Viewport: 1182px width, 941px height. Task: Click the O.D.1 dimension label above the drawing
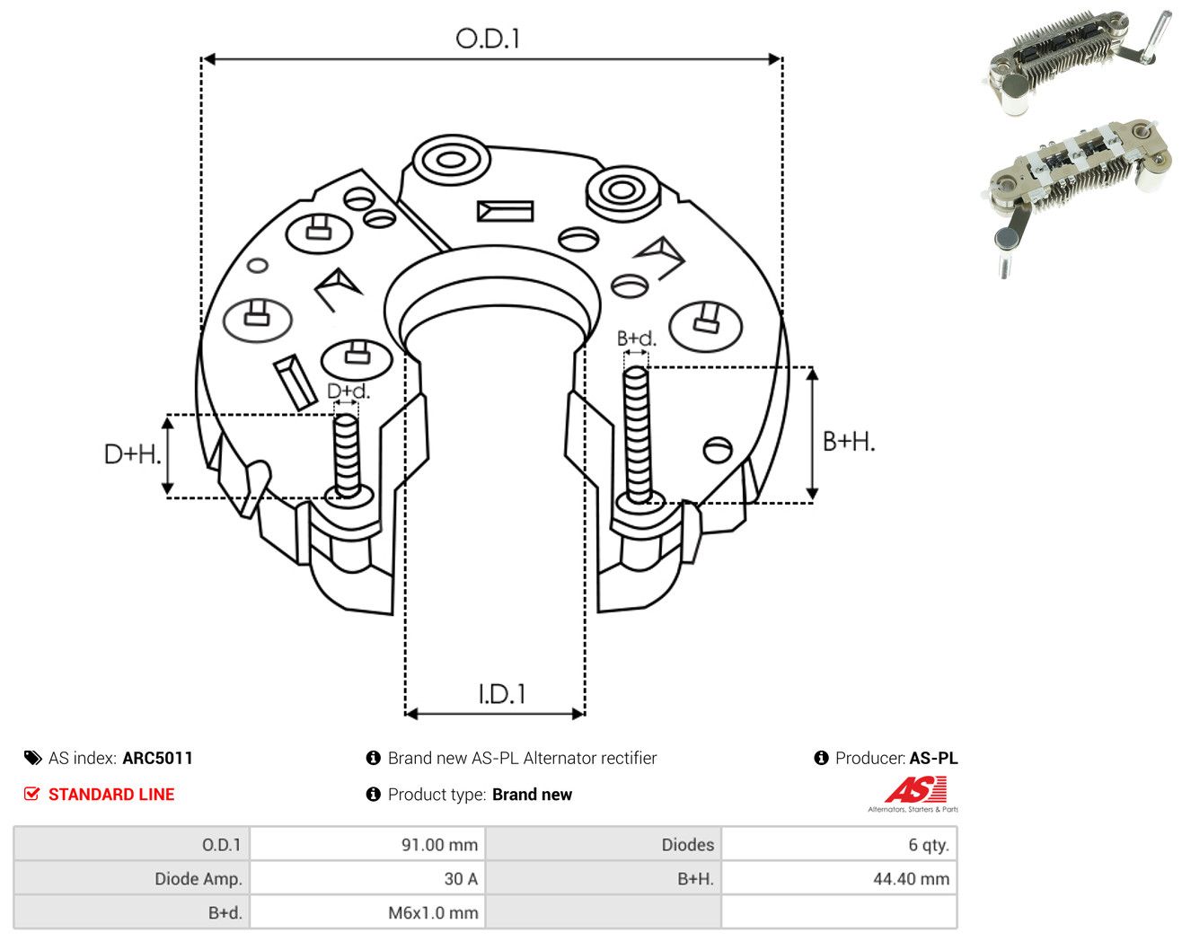[487, 39]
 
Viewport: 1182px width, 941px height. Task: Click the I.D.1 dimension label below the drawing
[502, 694]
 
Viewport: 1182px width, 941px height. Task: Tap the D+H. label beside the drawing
[133, 454]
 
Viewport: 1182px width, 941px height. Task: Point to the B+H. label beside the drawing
[849, 442]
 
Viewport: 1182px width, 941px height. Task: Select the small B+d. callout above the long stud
[637, 339]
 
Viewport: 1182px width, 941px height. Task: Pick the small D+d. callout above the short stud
[348, 391]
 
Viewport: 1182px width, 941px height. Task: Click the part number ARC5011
[158, 758]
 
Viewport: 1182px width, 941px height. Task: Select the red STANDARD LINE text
[111, 795]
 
